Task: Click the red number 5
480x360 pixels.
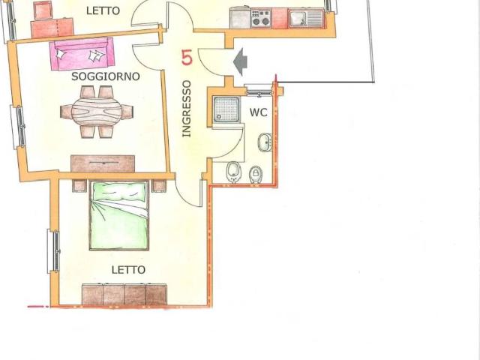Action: [x=187, y=58]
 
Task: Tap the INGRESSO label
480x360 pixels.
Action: [x=187, y=109]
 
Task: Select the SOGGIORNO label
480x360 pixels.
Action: [x=106, y=76]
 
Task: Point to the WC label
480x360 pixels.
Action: [x=258, y=112]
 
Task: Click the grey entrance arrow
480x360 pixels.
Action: [x=240, y=61]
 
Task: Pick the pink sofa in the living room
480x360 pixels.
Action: [x=82, y=53]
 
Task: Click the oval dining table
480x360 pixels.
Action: [x=97, y=111]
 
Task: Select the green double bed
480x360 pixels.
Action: [x=118, y=215]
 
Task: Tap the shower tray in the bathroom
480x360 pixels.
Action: [x=226, y=109]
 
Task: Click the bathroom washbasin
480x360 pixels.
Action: [x=265, y=142]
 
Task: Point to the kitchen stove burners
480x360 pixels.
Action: [x=261, y=18]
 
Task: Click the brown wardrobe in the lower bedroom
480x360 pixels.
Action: [x=124, y=295]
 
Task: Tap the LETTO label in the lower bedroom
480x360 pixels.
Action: [x=128, y=270]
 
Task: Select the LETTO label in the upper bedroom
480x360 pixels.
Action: [x=103, y=11]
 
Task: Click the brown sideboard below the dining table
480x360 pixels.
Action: [x=103, y=163]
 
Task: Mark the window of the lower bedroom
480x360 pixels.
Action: [x=53, y=251]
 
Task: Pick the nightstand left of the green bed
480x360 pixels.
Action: [x=79, y=186]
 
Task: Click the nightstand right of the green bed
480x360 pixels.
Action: [x=159, y=186]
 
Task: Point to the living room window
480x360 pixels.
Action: [x=18, y=127]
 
